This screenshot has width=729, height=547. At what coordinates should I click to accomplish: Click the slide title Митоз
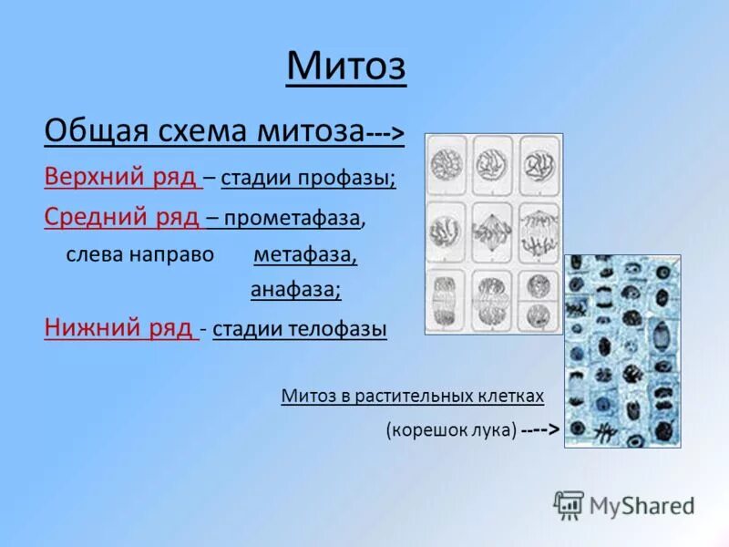pyautogui.click(x=346, y=66)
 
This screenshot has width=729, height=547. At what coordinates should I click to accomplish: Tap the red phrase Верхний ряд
pyautogui.click(x=122, y=177)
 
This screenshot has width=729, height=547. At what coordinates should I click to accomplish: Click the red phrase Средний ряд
pyautogui.click(x=122, y=218)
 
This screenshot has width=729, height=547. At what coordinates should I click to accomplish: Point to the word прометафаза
pyautogui.click(x=294, y=219)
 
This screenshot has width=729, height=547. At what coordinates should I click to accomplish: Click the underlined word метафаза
pyautogui.click(x=304, y=255)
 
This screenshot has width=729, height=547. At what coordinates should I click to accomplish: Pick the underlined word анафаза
pyautogui.click(x=295, y=290)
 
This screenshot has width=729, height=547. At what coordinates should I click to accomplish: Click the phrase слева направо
pyautogui.click(x=139, y=255)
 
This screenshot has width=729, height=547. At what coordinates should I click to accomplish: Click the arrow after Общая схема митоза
pyautogui.click(x=385, y=134)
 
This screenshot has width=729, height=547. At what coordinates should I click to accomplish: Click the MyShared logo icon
pyautogui.click(x=568, y=504)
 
